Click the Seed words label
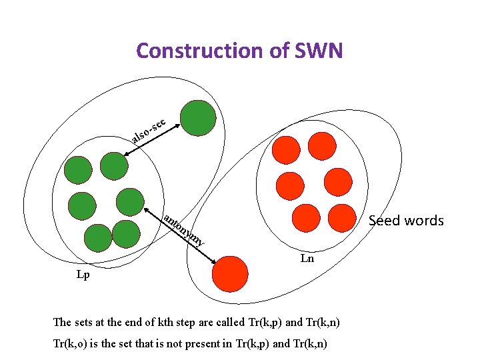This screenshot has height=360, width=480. tap(406, 221)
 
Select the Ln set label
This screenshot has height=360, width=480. tap(307, 258)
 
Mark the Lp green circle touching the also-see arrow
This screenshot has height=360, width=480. tap(114, 164)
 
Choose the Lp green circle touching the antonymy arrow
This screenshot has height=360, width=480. tap(131, 202)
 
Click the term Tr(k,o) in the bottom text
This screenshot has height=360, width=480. tap(74, 343)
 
